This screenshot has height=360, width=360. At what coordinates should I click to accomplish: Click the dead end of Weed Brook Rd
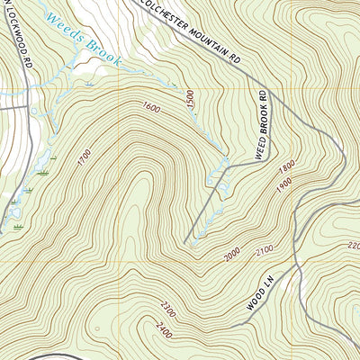(x=187, y=242)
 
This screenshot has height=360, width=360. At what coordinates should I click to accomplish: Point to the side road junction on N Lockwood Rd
(x=24, y=101)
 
